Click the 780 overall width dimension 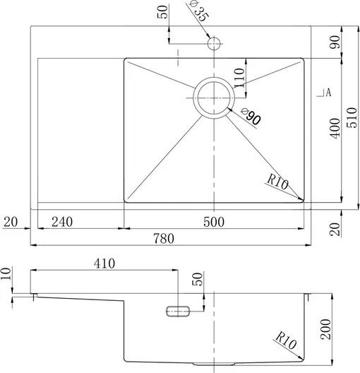coord(164,238)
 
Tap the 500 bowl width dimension coord(214,222)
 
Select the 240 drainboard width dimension coord(62,222)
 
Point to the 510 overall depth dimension coord(352,118)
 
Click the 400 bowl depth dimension coord(335,129)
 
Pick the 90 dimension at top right coord(335,42)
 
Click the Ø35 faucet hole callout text coord(199,11)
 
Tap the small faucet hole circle coord(214,44)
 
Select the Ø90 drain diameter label coord(251,117)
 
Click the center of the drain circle coord(214,97)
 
